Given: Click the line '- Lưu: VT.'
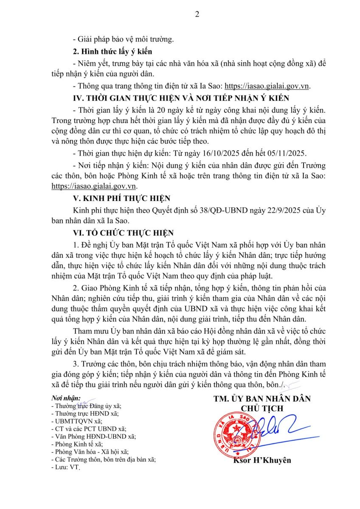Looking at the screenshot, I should point(65,467).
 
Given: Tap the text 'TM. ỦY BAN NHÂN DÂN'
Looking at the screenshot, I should point(262,399).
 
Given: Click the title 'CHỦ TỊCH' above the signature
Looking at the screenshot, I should point(262,408).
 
